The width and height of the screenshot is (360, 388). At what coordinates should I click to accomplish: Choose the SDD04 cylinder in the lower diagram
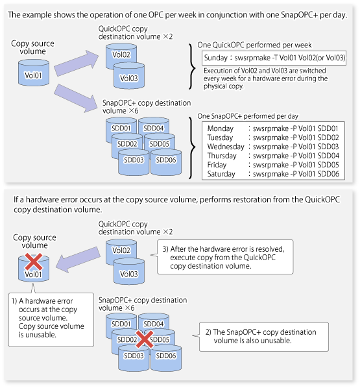click(x=153, y=324)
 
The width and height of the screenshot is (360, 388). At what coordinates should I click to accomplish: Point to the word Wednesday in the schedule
click(x=227, y=147)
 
